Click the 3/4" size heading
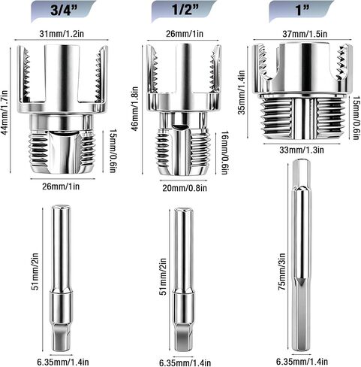click(64, 11)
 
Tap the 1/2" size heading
click(185, 11)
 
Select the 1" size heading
click(302, 11)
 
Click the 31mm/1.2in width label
click(62, 34)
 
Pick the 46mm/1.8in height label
click(134, 108)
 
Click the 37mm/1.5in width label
click(305, 34)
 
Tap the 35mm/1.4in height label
click(241, 93)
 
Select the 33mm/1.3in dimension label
click(302, 150)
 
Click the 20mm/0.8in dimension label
click(185, 188)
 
